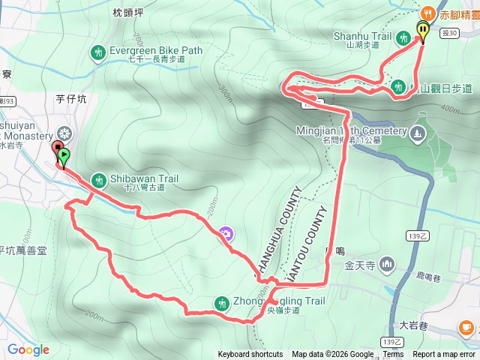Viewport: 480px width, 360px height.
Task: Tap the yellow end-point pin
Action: [x=423, y=30]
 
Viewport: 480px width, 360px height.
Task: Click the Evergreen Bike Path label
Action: [x=156, y=51]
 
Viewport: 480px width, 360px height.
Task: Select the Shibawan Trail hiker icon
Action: [x=98, y=179]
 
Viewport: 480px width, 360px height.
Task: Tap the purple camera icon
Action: [x=226, y=233]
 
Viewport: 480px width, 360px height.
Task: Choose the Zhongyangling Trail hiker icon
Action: [x=221, y=302]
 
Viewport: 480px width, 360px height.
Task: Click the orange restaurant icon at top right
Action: [x=427, y=12]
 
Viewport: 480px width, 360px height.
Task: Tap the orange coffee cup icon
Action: [x=466, y=327]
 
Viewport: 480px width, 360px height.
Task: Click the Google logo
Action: [x=28, y=349]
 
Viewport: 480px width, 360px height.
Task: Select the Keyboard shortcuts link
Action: [x=250, y=355]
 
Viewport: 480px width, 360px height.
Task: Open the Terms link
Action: [x=393, y=355]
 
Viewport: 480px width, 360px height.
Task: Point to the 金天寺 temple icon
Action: [x=388, y=263]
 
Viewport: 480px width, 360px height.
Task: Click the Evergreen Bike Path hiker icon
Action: [x=97, y=52]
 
